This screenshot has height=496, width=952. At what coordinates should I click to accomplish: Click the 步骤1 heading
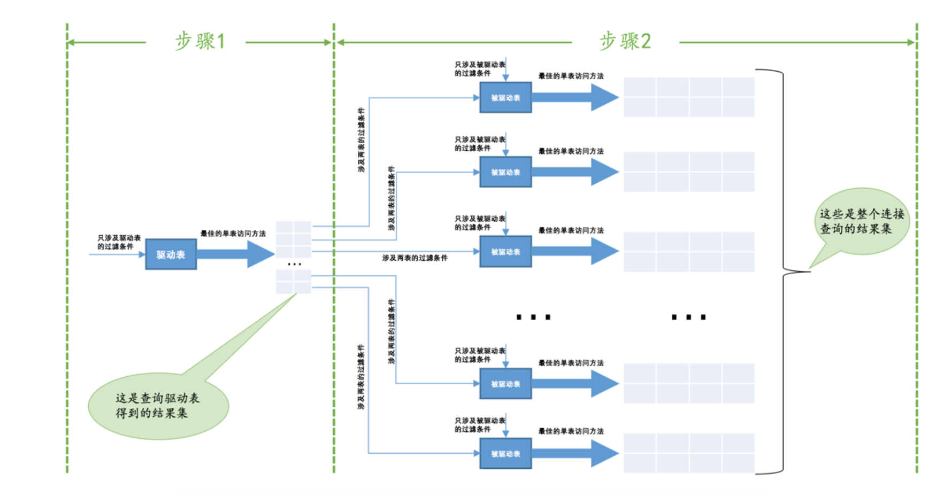coord(200,41)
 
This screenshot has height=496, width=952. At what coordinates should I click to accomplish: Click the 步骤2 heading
coord(625,41)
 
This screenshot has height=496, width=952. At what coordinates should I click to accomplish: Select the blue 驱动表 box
coord(171,254)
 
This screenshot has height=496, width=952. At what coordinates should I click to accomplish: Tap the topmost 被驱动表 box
coord(505,98)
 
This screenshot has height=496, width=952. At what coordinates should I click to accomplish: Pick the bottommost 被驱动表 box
coord(505,454)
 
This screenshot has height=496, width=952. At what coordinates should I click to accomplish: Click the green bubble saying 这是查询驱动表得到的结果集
coord(158,406)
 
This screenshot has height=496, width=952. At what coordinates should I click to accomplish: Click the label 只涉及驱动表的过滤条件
coord(119,242)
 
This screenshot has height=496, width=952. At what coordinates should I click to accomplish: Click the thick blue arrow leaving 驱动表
coord(235,254)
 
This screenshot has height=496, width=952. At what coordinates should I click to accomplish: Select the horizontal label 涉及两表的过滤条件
coord(414,258)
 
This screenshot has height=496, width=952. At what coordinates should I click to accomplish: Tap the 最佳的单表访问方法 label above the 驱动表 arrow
coord(233,234)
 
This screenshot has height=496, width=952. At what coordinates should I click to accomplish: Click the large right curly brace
coord(783,271)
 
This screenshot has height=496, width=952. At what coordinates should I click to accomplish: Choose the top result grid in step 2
coord(689,97)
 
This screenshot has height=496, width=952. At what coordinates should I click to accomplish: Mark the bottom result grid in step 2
coord(689,453)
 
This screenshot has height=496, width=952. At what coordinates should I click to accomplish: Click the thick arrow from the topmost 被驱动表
coord(575,98)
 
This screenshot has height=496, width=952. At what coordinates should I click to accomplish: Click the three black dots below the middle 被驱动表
coord(533,317)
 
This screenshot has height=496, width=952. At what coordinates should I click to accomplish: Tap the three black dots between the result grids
coord(689,317)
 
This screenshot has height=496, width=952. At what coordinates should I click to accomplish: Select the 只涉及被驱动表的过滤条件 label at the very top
coord(479,69)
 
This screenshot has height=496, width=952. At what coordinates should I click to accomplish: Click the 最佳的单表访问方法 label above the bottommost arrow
coord(571,431)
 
